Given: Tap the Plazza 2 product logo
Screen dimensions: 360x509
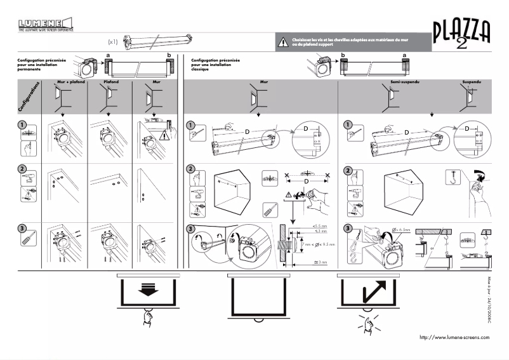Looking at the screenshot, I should (461, 34).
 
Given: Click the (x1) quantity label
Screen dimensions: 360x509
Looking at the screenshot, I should (112, 42).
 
